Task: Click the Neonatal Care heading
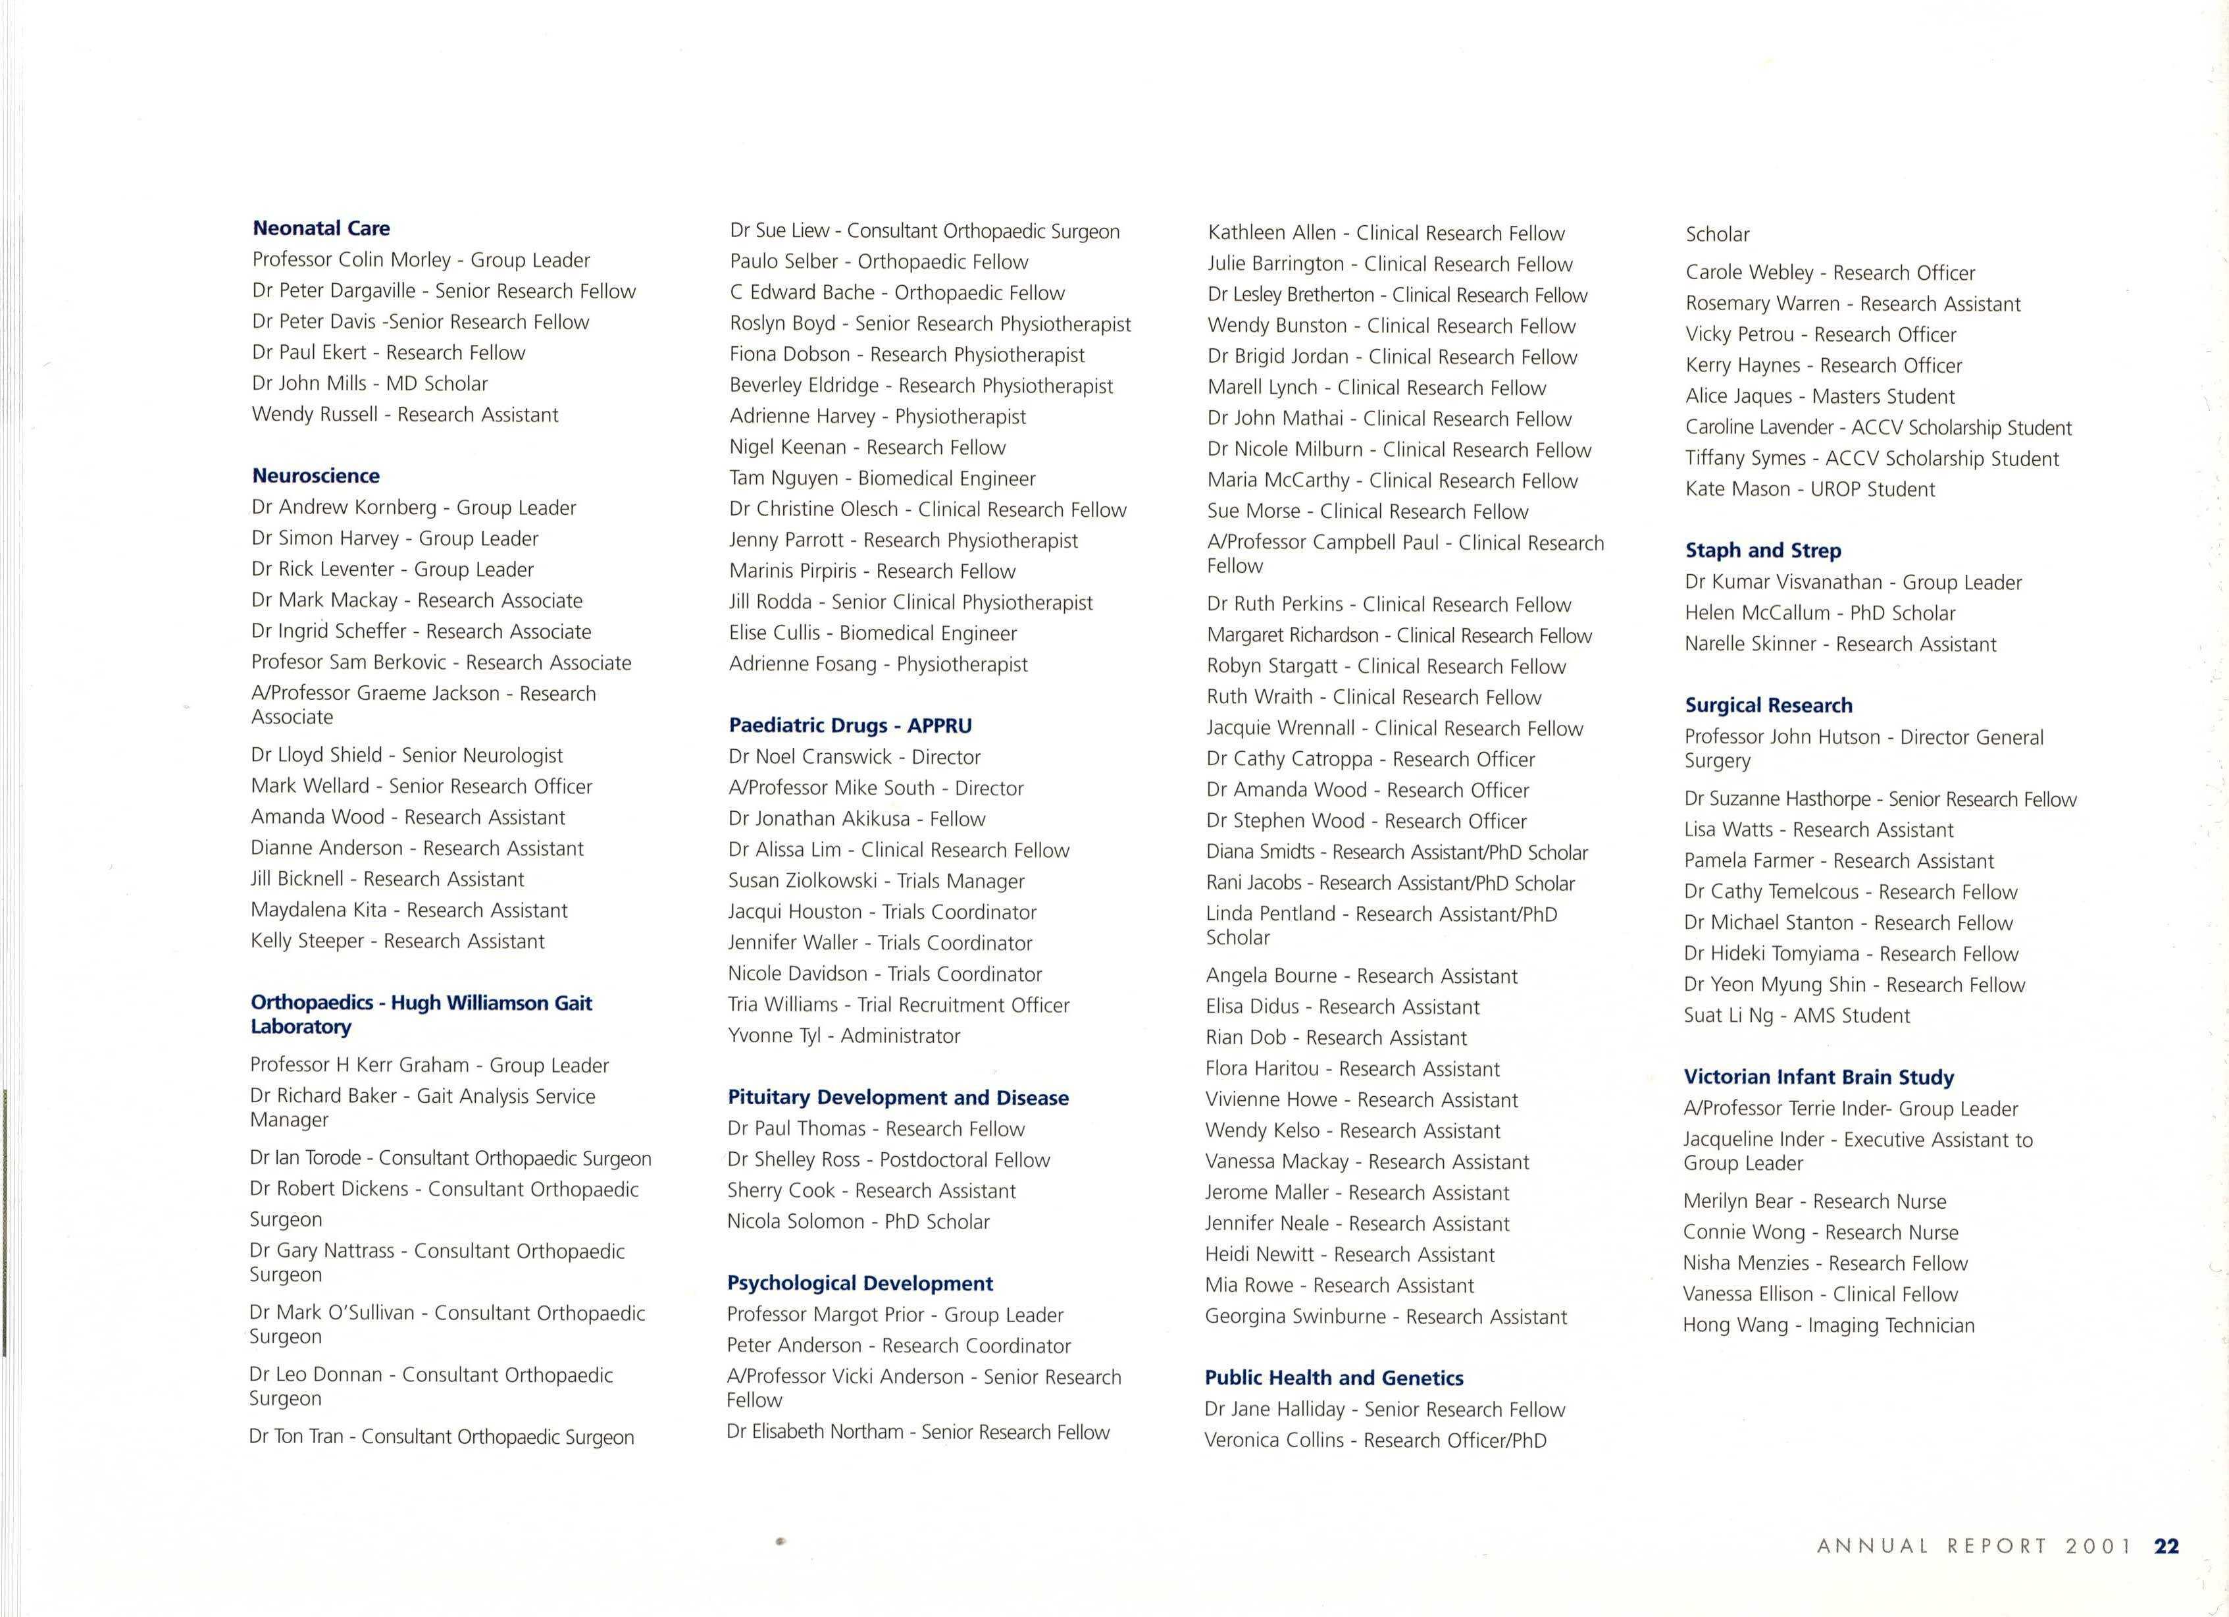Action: coord(321,228)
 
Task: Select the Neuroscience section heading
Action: coord(315,476)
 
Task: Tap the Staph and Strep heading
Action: coord(1763,550)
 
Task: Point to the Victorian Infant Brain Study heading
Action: coord(1818,1077)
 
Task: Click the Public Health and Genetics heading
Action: coord(1334,1378)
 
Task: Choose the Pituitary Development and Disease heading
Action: coord(897,1098)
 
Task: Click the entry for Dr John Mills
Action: coord(370,383)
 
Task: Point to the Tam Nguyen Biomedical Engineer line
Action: coord(882,479)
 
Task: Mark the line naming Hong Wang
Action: coord(1828,1325)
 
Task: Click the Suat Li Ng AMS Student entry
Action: coord(1797,1015)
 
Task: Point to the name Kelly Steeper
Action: coord(307,941)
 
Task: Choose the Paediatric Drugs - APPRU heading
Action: coord(850,726)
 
